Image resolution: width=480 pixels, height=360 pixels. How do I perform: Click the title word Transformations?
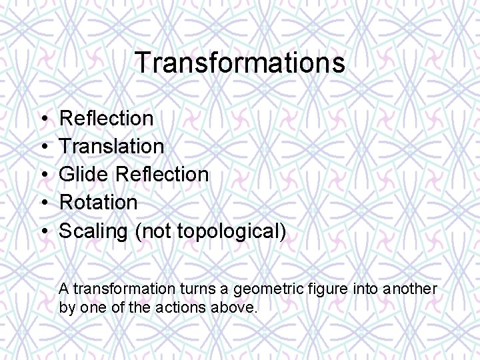(240, 63)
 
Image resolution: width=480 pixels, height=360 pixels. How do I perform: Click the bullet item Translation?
(111, 146)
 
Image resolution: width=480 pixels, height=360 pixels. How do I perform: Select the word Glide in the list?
(85, 174)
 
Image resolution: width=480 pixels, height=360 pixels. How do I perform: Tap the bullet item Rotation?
(98, 202)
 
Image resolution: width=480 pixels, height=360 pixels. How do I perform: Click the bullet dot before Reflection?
(42, 119)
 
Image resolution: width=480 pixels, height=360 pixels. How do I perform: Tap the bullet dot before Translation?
(42, 147)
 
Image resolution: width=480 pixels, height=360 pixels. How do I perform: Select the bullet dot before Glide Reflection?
(42, 175)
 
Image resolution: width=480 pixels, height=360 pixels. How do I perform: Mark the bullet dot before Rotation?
(42, 203)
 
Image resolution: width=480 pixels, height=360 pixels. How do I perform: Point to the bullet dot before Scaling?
(42, 231)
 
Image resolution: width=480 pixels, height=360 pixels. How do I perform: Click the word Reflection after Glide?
(162, 174)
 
